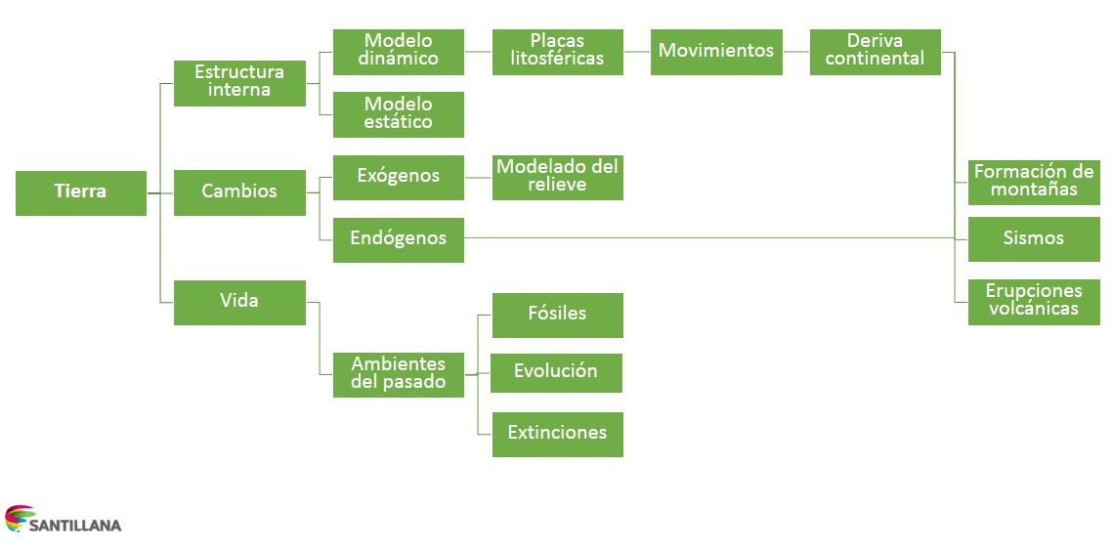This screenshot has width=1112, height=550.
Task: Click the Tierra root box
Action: [80, 192]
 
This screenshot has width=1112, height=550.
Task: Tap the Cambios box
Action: [239, 192]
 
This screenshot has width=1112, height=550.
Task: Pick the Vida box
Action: [239, 302]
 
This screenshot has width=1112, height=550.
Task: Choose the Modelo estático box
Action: [398, 114]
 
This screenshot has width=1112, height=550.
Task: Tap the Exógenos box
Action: [398, 177]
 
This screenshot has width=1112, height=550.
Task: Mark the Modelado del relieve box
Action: [557, 177]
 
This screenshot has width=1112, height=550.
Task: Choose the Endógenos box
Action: [398, 239]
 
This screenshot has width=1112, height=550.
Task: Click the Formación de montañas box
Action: [1034, 182]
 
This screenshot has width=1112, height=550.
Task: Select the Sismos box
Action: [1034, 239]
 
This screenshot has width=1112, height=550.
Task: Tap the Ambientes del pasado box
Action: [398, 374]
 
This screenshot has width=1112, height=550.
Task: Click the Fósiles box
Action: [557, 315]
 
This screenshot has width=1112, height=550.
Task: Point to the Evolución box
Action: [557, 373]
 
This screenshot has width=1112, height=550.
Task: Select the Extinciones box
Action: [557, 434]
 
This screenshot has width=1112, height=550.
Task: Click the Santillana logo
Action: [64, 521]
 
